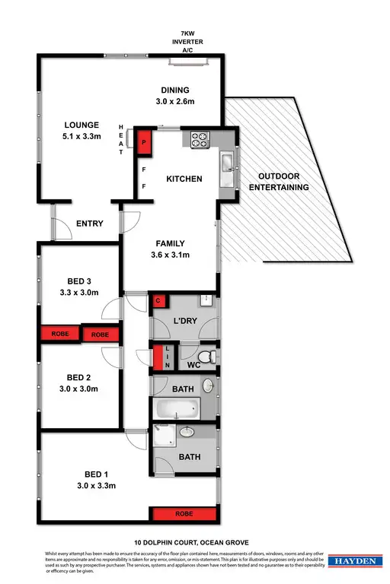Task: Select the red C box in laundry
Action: pyautogui.click(x=158, y=301)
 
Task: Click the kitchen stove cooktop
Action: pyautogui.click(x=199, y=139)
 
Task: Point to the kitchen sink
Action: pyautogui.click(x=227, y=163)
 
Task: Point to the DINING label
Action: pyautogui.click(x=175, y=90)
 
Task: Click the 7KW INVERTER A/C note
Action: pyautogui.click(x=187, y=43)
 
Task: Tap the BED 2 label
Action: pyautogui.click(x=79, y=377)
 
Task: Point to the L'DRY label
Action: pyautogui.click(x=186, y=322)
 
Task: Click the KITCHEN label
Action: pyautogui.click(x=184, y=179)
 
